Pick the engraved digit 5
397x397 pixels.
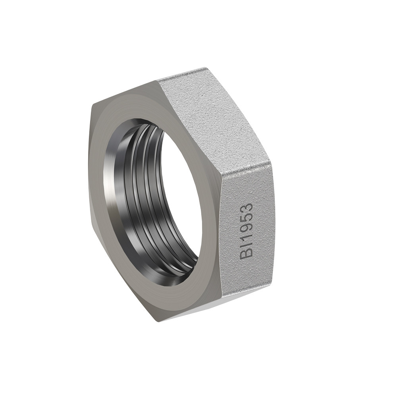[x=247, y=216]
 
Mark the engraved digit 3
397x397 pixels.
[x=247, y=207]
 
